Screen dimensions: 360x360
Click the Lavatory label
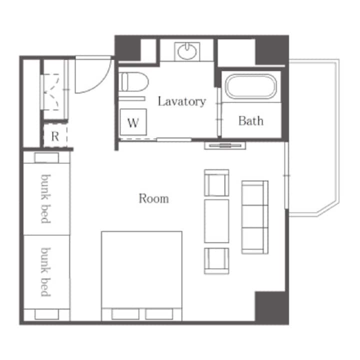coord(181,101)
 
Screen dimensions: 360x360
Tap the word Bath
coord(250,121)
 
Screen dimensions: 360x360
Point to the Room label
coord(153,198)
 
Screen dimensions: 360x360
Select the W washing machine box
coord(133,122)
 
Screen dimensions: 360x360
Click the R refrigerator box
coord(55,136)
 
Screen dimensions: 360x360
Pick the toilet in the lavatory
coord(133,82)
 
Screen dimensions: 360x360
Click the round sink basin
coord(187,51)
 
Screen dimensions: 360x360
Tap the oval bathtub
coord(250,86)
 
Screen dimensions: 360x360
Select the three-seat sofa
coord(255,217)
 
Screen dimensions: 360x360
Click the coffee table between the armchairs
coord(216,221)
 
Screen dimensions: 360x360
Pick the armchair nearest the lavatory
coord(216,183)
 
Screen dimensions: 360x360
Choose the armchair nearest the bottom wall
coord(216,261)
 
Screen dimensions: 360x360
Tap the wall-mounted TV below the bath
coord(225,145)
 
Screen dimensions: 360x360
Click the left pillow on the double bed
coord(125,314)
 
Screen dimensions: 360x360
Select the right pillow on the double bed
coord(159,314)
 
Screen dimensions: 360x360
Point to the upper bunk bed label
coord(45,199)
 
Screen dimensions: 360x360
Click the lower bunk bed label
coord(45,272)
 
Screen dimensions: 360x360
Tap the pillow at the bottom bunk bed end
coord(46,314)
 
